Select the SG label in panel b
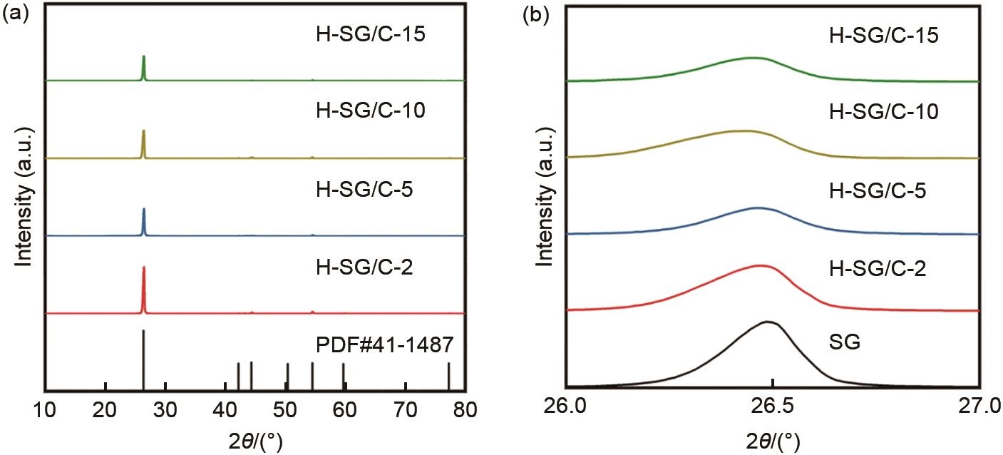[x=845, y=343]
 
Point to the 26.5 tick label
[x=772, y=407]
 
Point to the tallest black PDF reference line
[x=144, y=357]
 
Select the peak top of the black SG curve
[x=768, y=322]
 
